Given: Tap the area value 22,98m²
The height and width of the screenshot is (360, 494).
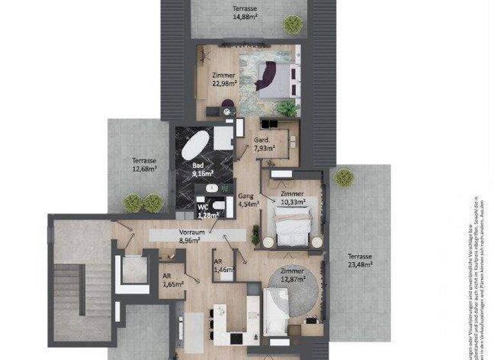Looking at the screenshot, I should (224, 82).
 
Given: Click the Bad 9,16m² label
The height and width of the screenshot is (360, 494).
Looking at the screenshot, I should (203, 169).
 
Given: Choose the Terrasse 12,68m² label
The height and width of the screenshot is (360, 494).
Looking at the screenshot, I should (144, 165).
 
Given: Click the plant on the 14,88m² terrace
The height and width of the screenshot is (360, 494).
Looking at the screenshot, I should (293, 24).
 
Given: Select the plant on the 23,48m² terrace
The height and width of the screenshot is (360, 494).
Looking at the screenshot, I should (344, 177).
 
